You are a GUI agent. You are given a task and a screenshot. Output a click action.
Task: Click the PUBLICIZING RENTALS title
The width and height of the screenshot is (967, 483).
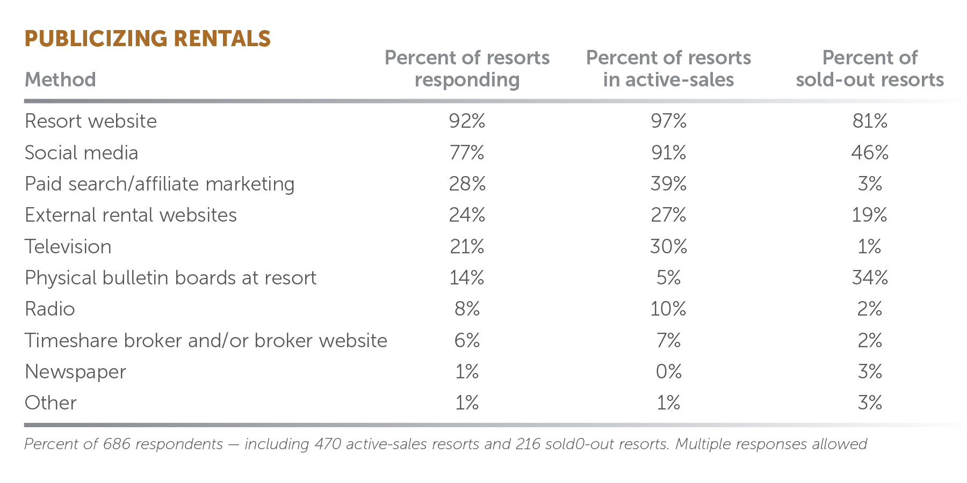point(148,39)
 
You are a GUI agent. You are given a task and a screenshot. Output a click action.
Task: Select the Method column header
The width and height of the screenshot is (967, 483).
point(60,80)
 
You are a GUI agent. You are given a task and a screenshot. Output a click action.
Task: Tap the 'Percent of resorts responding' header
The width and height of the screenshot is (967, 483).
point(467,69)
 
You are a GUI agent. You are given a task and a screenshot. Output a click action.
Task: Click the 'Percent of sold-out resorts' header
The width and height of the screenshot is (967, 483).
point(870,69)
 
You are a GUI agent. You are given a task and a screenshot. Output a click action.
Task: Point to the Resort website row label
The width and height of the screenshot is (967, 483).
point(91,121)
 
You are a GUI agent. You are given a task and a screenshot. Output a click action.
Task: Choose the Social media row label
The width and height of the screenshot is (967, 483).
point(82,153)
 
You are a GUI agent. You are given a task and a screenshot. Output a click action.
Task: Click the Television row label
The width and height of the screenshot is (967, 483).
point(68,247)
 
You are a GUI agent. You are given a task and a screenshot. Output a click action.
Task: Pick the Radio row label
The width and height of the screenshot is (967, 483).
point(50,309)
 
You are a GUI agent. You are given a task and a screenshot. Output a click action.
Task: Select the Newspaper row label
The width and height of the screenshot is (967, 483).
point(75,372)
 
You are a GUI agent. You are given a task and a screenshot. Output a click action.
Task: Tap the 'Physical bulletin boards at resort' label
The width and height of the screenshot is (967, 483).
point(170,278)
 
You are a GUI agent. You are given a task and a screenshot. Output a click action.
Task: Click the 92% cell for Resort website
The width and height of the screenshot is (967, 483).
point(467,121)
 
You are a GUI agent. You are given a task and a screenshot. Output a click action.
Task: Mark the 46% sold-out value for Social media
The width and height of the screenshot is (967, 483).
point(870,153)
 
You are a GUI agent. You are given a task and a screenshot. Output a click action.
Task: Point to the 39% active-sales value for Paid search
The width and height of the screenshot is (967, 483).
point(668,184)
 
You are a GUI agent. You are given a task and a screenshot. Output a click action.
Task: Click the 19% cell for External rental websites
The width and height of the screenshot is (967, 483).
point(869,215)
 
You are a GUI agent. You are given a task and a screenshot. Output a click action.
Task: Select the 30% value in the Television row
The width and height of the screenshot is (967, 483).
point(668,247)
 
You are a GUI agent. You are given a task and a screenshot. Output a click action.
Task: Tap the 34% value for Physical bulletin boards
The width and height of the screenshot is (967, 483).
point(870,278)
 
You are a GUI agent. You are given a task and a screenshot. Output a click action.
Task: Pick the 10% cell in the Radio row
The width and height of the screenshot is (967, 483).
point(668,309)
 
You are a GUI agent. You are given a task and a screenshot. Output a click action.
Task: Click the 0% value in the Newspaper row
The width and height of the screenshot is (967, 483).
point(668,372)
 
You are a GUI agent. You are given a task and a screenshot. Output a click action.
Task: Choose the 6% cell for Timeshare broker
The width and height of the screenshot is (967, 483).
point(467,341)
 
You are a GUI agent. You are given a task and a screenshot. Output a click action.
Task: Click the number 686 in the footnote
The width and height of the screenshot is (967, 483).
point(117,444)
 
